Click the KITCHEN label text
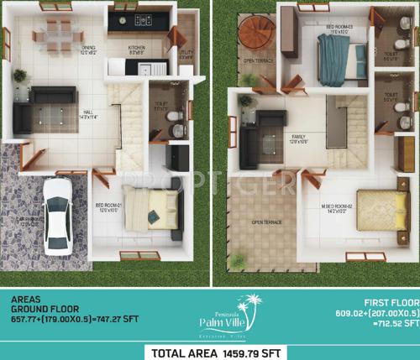136,48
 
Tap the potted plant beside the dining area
18,76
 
